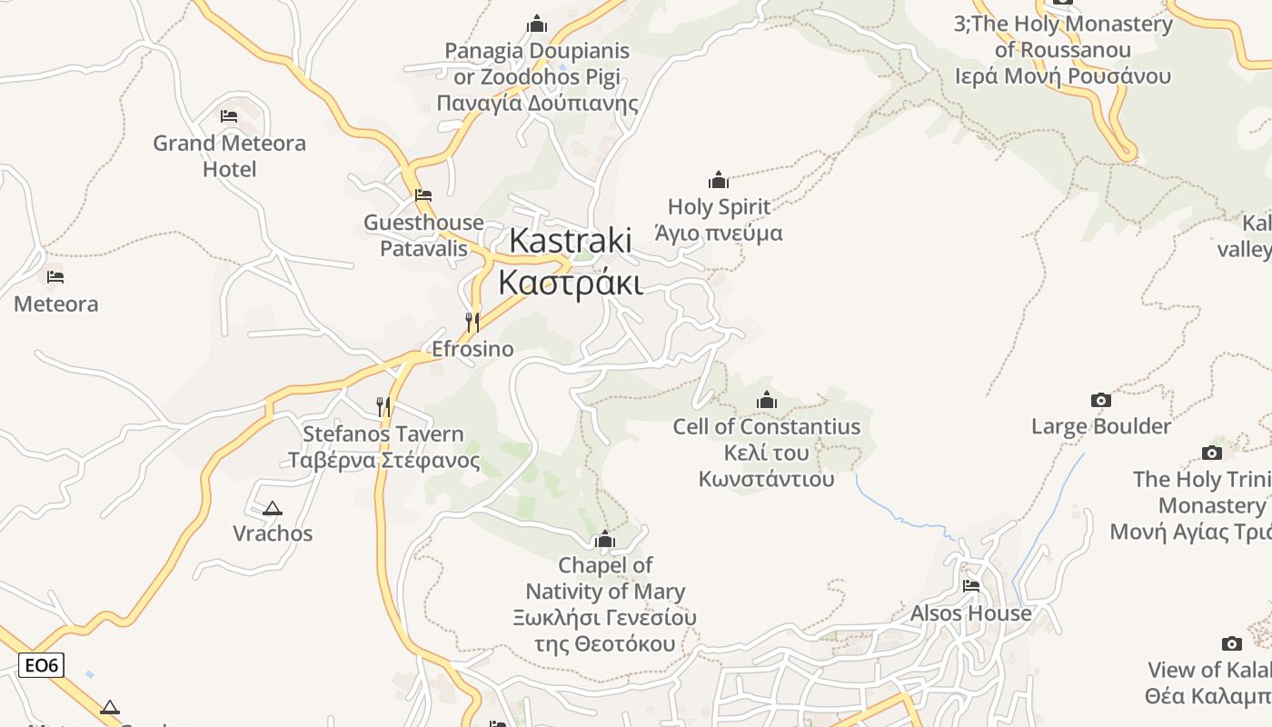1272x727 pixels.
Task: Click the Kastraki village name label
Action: (571, 262)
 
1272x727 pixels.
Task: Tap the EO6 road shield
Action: (41, 665)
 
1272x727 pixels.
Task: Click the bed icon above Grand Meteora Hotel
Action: (229, 116)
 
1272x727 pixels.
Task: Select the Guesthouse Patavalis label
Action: (423, 235)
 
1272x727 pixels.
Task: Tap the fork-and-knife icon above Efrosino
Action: (472, 323)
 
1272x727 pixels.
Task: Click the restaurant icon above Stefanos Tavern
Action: (383, 406)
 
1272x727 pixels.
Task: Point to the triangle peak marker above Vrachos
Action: (272, 509)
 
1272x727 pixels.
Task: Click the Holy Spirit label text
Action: (719, 220)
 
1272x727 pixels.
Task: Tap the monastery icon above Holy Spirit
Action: (719, 180)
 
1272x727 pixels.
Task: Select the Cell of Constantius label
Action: (766, 452)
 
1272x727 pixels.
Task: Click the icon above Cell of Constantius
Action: (767, 400)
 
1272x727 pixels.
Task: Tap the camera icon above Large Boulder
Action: (1100, 400)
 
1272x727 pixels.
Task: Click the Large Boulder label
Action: (1100, 426)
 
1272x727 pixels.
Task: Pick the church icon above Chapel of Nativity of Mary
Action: (605, 541)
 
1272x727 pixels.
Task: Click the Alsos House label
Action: (971, 613)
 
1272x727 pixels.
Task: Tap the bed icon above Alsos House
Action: (971, 586)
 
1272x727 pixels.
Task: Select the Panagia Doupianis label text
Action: (537, 76)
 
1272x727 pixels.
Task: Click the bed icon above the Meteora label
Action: (55, 277)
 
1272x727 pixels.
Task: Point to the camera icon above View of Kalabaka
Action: (1231, 643)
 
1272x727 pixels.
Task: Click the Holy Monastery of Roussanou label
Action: (1063, 50)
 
